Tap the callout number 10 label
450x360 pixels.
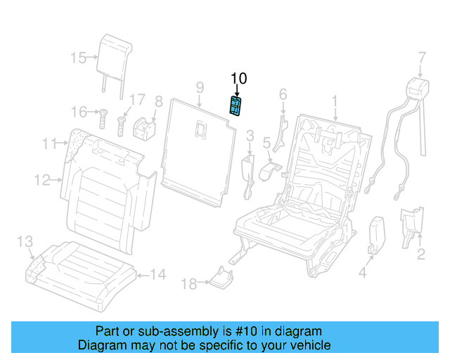click(239, 79)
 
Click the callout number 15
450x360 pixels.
click(78, 58)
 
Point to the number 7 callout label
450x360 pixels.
click(422, 56)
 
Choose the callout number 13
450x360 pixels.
click(25, 242)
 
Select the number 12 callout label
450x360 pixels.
click(43, 181)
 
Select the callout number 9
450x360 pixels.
click(200, 87)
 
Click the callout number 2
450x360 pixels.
click(420, 255)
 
